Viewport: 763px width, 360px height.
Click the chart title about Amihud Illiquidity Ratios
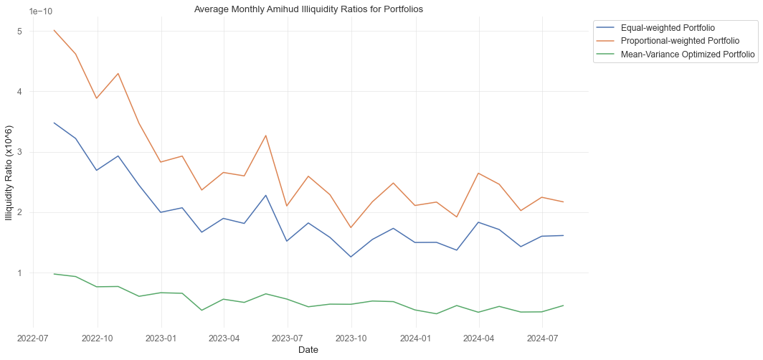click(x=308, y=9)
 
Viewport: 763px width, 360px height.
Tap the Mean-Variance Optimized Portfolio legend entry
click(x=673, y=54)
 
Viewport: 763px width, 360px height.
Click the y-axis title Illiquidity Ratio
click(x=9, y=170)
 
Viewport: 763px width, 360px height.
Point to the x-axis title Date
click(x=308, y=350)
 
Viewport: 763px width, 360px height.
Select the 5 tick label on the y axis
click(x=21, y=32)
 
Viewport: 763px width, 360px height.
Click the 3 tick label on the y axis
click(x=21, y=152)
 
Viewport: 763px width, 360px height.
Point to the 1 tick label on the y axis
click(x=21, y=273)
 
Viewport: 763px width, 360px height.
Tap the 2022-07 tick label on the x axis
click(x=33, y=337)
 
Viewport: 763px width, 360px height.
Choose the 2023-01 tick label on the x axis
click(x=161, y=337)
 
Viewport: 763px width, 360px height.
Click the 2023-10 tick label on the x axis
click(x=351, y=337)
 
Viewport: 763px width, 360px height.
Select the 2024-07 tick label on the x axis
click(x=542, y=337)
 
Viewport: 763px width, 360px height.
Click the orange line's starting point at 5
click(x=54, y=31)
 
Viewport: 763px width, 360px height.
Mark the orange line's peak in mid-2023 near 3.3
click(x=266, y=136)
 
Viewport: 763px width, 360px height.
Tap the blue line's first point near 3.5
click(x=54, y=123)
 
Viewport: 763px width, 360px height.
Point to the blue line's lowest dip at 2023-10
click(x=351, y=257)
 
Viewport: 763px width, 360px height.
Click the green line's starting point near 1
click(x=54, y=273)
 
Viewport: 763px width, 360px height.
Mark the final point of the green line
click(x=564, y=305)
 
